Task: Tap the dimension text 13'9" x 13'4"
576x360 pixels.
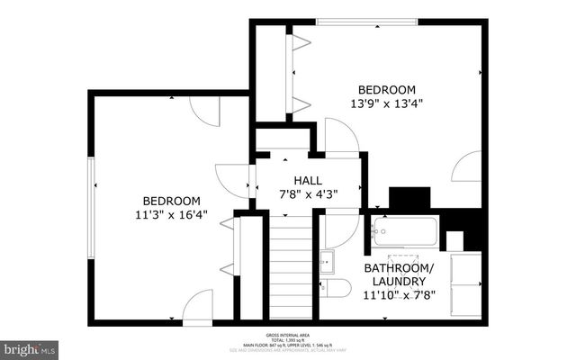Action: (x=387, y=103)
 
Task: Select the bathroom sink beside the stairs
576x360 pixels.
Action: (x=328, y=261)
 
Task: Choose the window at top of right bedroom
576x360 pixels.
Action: (x=365, y=22)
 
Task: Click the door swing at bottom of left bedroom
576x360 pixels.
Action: (x=197, y=306)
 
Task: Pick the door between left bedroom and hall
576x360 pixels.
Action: (x=235, y=180)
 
